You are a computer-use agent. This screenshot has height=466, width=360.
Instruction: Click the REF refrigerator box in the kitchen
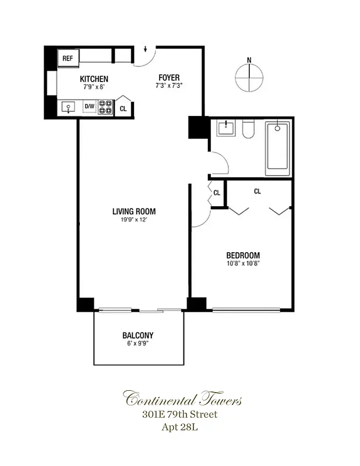tap(67, 58)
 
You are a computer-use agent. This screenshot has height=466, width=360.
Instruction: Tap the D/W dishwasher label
tap(89, 107)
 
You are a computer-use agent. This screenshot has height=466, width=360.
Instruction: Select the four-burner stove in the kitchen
tap(105, 107)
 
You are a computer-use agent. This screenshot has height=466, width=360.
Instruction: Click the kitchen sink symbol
tap(69, 107)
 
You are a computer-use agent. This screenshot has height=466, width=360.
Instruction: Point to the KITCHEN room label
tap(94, 79)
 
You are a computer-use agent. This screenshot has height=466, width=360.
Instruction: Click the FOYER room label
tap(169, 77)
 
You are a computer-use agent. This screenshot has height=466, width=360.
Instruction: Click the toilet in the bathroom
tap(249, 129)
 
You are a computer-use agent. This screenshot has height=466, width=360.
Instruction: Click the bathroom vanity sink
tap(226, 128)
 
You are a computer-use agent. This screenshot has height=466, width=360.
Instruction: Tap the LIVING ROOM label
tap(134, 211)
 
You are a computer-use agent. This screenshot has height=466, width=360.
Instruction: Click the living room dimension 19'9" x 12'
tap(134, 220)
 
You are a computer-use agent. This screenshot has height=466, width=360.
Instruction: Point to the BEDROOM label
tap(243, 255)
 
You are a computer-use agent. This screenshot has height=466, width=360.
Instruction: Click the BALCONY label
tap(138, 336)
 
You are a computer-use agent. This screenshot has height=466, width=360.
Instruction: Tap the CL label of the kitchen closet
tap(123, 108)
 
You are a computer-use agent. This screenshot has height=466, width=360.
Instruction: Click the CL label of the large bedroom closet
tap(257, 191)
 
